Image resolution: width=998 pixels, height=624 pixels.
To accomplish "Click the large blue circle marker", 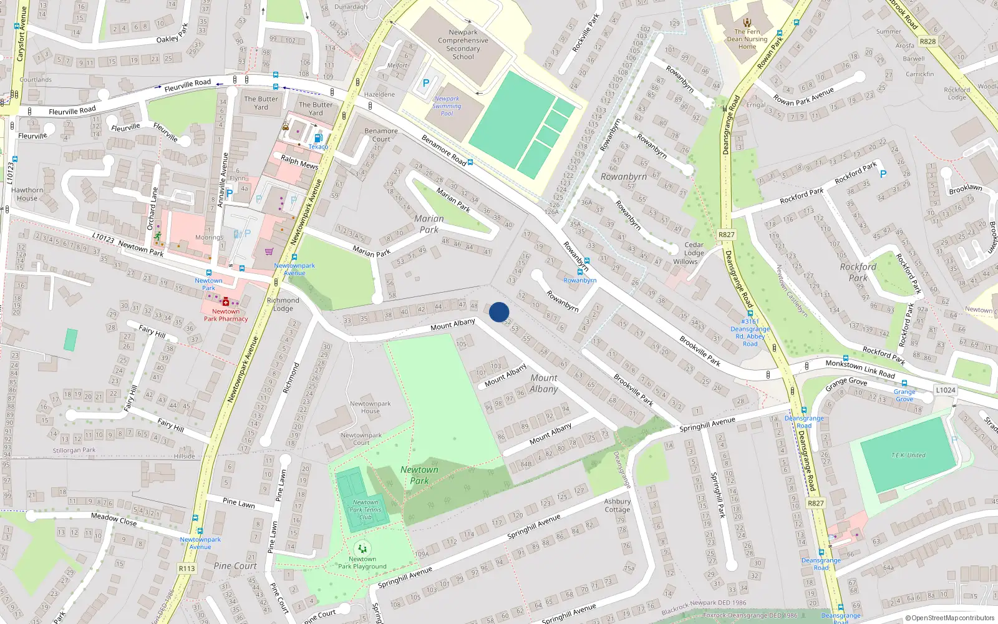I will point(499,312).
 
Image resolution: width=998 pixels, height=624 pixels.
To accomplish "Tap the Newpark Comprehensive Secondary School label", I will point(463,44).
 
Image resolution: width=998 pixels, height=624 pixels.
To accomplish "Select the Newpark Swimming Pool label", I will point(447,106).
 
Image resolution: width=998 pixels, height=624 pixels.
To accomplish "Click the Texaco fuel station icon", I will point(317,139).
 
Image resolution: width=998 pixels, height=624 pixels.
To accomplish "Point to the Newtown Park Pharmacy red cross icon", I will point(226,302).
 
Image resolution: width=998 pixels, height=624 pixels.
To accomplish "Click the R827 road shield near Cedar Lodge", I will point(726,235).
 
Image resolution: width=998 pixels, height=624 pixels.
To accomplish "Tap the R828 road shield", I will point(928,41).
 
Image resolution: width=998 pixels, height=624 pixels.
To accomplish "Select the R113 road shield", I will point(187,568).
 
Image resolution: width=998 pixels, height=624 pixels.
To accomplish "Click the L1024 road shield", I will point(945,390).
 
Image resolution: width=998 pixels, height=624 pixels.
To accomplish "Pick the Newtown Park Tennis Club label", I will point(366,509).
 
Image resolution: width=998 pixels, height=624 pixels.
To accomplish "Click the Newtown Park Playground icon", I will point(362,549).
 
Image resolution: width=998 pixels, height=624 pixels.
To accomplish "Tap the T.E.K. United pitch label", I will point(908,455).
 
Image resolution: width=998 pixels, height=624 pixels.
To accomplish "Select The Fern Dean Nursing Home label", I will point(747,39).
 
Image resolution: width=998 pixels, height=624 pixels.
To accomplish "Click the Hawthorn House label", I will point(27,194).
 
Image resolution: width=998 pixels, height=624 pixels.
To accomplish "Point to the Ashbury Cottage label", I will point(618,505).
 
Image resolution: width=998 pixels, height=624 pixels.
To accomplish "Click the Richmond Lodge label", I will point(283,304).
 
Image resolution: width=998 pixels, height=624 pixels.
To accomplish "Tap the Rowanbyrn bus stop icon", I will point(580,272).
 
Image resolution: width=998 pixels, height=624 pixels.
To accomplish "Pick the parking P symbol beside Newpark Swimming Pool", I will point(426,83).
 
